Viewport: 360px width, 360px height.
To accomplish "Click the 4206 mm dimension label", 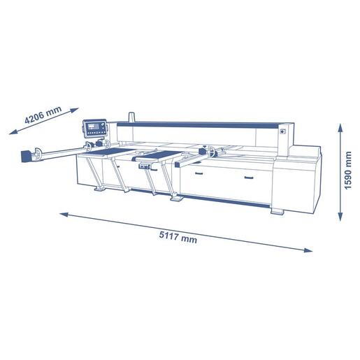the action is tap(43, 115).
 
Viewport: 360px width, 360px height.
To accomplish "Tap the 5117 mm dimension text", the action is tap(178, 236).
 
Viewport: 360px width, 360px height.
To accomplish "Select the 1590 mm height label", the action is tap(347, 171).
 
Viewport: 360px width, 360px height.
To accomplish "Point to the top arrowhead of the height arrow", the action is tap(340, 127).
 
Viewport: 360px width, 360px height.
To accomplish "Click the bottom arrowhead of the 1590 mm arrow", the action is tap(340, 217).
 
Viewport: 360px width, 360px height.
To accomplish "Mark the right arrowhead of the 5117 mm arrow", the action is tap(308, 250).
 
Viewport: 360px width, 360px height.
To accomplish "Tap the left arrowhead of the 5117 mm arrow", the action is tap(64, 215).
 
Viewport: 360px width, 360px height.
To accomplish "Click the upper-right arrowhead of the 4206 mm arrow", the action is tap(75, 110).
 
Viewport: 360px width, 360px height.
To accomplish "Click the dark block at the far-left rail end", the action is tap(26, 156).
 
